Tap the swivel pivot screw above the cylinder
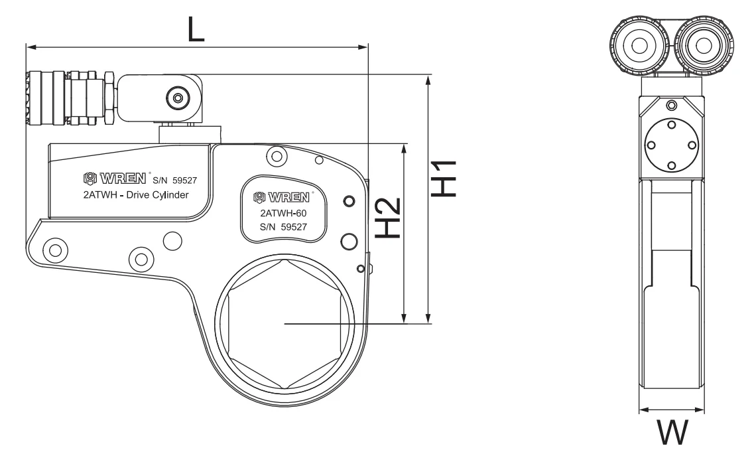(176, 98)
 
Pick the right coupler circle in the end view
(704, 46)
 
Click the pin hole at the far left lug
(55, 250)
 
